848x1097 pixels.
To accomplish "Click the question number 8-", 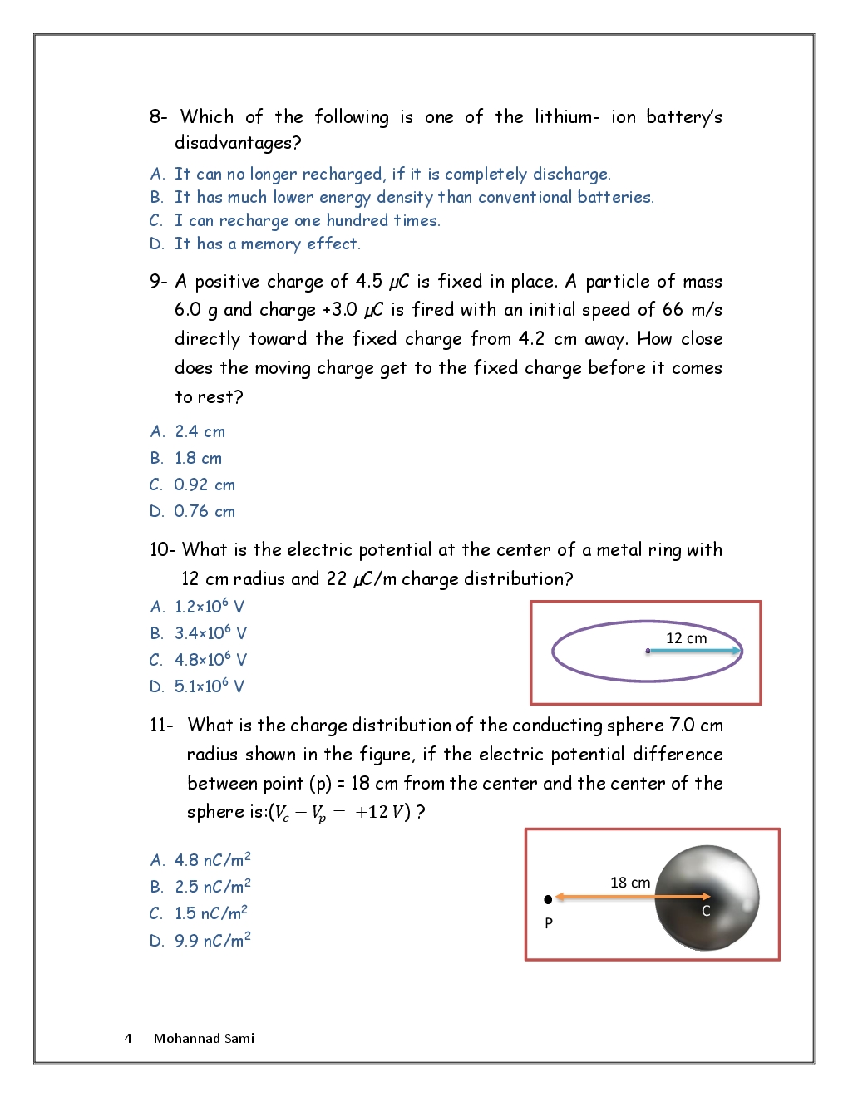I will click(x=158, y=117).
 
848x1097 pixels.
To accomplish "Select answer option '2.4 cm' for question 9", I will click(x=200, y=432).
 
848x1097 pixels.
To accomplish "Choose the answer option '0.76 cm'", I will click(x=205, y=512).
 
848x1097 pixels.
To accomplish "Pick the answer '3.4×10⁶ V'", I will click(x=210, y=633).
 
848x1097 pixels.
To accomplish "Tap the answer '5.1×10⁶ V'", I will click(x=210, y=686).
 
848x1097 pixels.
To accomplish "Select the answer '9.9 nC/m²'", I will click(x=212, y=941).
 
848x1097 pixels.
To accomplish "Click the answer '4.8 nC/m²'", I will click(x=212, y=860).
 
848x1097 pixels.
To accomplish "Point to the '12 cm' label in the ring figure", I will click(x=686, y=638).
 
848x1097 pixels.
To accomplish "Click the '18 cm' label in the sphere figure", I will click(x=630, y=883).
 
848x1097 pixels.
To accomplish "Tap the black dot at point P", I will click(x=548, y=899).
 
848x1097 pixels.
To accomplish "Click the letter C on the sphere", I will click(x=706, y=911).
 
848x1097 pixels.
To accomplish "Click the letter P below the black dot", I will click(x=549, y=923).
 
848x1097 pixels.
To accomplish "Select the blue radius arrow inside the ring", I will click(x=693, y=651).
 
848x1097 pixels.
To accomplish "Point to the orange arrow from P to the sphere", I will click(x=632, y=897).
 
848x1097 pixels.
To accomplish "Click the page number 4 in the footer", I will click(x=128, y=1039).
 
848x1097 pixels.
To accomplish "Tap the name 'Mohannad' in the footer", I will click(x=186, y=1039).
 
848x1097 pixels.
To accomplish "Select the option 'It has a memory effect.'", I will click(x=267, y=244).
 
